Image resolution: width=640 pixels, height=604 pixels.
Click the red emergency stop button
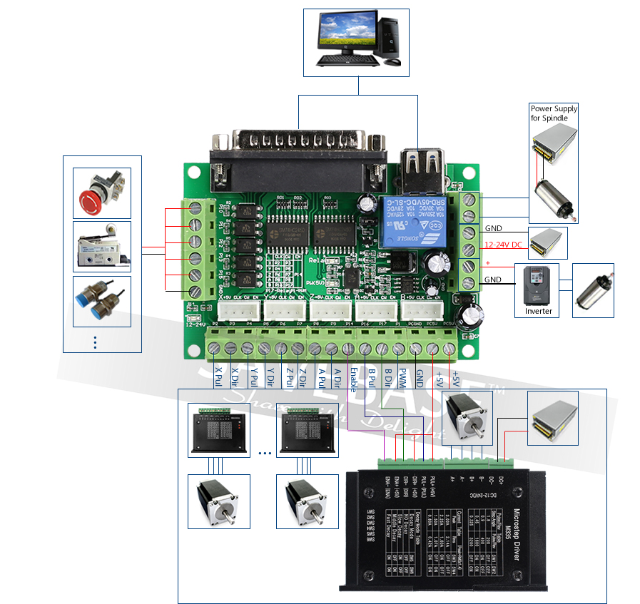101,193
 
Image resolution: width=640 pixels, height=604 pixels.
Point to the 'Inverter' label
539,311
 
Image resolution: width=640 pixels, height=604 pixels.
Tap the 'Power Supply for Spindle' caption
554,113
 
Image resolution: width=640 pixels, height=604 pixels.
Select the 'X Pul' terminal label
218,377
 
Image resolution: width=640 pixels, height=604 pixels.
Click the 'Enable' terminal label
352,379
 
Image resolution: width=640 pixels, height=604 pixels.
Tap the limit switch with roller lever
102,246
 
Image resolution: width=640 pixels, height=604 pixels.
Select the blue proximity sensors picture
102,300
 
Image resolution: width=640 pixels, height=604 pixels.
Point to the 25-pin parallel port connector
300,146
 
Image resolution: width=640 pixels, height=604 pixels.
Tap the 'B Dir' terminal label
387,377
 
